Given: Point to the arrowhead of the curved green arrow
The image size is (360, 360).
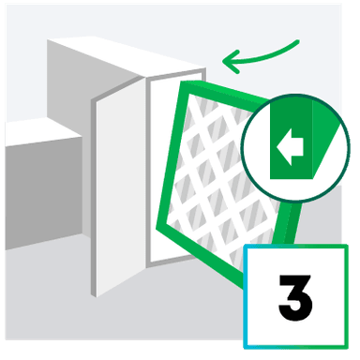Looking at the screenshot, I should (x=226, y=63).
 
